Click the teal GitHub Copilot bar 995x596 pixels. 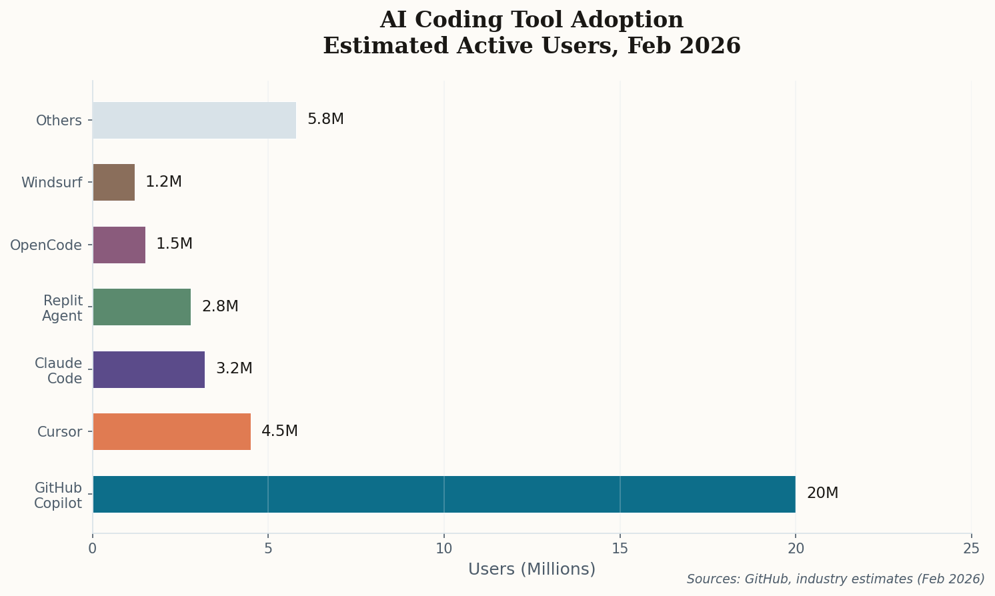pos(443,494)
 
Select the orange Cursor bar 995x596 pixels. pos(171,431)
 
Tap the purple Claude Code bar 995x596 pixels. pos(149,369)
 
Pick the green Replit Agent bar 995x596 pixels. pos(141,307)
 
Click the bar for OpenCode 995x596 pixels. pos(119,245)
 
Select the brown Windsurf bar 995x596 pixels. pos(113,182)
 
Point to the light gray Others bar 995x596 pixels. pos(194,120)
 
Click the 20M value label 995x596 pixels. pos(822,493)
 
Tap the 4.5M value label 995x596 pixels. pos(279,431)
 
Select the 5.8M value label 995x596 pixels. pos(325,119)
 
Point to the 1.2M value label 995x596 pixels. pos(163,182)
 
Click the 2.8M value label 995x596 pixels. pos(220,307)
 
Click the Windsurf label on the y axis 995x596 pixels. pos(51,183)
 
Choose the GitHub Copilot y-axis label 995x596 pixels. pos(58,495)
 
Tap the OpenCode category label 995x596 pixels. pos(46,245)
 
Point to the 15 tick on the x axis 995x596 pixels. pos(620,548)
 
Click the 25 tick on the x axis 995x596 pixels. pos(972,548)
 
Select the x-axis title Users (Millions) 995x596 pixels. pos(532,569)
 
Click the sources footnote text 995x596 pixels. pos(835,579)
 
